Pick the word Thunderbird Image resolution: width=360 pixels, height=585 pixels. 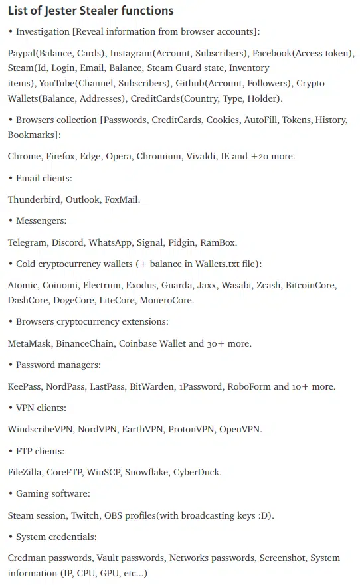tap(34, 199)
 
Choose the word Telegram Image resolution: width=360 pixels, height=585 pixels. tap(27, 242)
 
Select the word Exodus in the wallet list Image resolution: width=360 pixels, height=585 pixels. tap(139, 286)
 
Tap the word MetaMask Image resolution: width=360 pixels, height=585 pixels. tap(29, 344)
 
